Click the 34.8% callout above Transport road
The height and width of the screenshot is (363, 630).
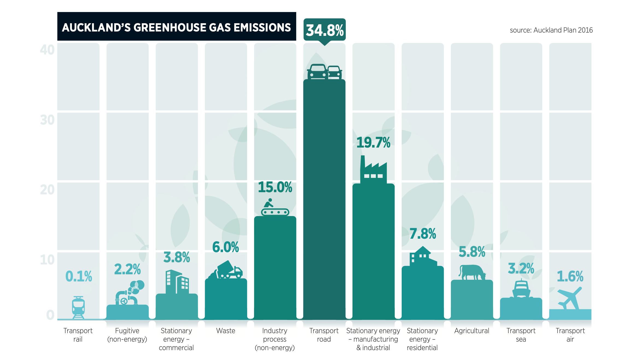click(x=325, y=30)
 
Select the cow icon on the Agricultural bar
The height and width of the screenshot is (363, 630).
click(x=472, y=272)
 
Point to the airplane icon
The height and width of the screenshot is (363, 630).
click(x=570, y=298)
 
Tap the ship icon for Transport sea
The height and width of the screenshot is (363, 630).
click(x=521, y=289)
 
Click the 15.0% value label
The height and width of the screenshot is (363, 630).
click(x=275, y=187)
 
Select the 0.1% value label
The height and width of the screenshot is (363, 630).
click(x=79, y=276)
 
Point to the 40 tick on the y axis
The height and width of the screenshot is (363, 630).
click(x=47, y=50)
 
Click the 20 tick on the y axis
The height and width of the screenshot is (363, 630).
click(x=47, y=190)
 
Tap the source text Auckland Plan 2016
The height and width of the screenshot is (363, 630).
click(x=551, y=30)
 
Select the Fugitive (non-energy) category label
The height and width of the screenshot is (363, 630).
click(x=127, y=335)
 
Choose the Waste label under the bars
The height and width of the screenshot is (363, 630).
click(x=226, y=331)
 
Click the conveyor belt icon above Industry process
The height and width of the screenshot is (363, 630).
click(x=275, y=208)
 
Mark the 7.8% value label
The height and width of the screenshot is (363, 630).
click(x=423, y=234)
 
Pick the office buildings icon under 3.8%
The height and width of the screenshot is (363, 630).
click(x=177, y=282)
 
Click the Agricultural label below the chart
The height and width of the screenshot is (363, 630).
click(x=472, y=331)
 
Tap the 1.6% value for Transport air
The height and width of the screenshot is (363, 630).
click(x=570, y=276)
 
